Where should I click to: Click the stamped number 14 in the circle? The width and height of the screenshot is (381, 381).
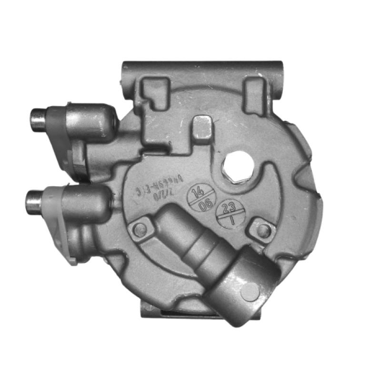197,193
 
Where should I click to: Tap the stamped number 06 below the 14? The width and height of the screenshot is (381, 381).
205,206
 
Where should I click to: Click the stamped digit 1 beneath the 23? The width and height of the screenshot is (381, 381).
232,221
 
